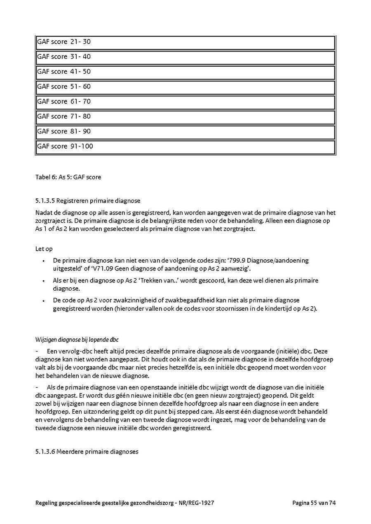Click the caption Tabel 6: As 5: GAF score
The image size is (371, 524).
[x=68, y=177]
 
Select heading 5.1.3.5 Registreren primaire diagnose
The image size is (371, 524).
[x=88, y=201]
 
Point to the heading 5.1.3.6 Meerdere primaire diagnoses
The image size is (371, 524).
[x=87, y=452]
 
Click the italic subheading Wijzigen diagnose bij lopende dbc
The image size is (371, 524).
[x=77, y=340]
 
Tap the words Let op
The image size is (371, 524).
[x=44, y=249]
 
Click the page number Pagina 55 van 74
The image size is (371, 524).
[x=314, y=503]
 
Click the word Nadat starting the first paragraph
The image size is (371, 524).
[x=44, y=213]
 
